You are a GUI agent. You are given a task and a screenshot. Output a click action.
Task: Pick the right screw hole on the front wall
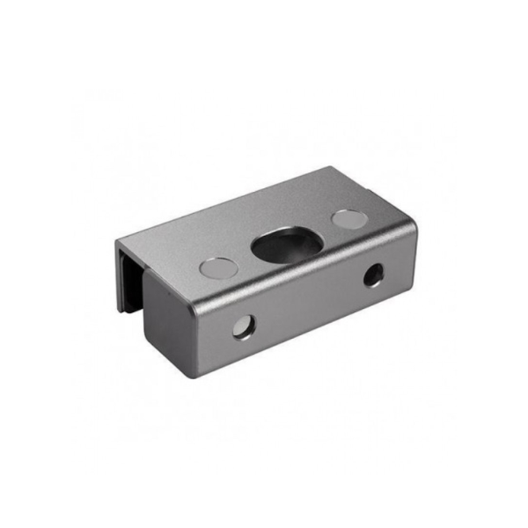(375, 276)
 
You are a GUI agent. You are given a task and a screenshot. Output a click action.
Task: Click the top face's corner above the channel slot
(117, 238)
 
